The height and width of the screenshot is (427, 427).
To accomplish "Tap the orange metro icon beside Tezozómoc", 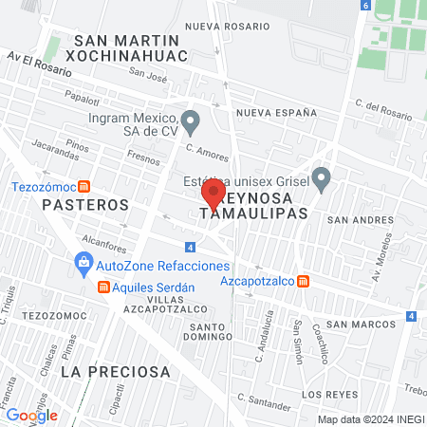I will click(x=84, y=187).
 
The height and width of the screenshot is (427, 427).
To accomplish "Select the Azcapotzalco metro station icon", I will click(x=303, y=282).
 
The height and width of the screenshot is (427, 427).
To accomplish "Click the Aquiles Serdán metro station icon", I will click(x=102, y=288).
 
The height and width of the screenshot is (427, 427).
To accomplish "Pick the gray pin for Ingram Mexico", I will click(x=191, y=121).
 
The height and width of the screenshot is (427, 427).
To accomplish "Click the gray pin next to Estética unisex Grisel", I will click(x=322, y=177).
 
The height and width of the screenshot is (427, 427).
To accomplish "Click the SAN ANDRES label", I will click(x=358, y=218).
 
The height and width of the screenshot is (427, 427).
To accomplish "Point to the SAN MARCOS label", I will click(x=362, y=321).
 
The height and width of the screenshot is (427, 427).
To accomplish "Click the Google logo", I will click(x=31, y=415).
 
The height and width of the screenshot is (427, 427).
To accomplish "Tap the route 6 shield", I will click(x=366, y=6).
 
